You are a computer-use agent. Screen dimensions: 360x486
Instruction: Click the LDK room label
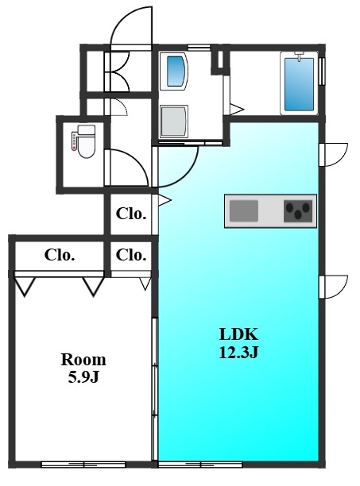pos(238,334)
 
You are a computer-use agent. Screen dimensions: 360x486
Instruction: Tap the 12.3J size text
pos(238,353)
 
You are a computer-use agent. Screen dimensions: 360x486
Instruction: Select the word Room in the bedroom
pos(83,360)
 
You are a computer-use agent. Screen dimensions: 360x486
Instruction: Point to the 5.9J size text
pos(83,377)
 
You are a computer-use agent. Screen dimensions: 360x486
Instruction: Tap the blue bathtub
pos(299,84)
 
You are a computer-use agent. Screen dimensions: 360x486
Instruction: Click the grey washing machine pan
pos(174,121)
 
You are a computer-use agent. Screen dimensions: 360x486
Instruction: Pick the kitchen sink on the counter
pos(244,210)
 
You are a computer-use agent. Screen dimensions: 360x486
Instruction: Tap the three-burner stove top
pos(298,211)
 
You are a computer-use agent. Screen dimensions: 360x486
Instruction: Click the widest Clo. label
pos(60,255)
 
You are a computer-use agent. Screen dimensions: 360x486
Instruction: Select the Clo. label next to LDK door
pos(131,214)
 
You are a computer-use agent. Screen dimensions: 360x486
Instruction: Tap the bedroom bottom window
pos(83,465)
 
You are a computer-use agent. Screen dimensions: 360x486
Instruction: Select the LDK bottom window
pos(200,465)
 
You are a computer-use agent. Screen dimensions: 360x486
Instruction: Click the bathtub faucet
pos(299,56)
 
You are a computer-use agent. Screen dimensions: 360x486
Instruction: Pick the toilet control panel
pos(74,141)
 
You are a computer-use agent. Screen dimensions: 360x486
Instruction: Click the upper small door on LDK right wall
pos(334,155)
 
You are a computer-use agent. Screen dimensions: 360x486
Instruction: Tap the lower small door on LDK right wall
pos(334,287)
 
